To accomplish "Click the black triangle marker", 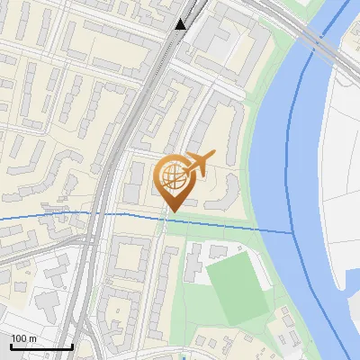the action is [181, 24].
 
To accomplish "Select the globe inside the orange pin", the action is [173, 177].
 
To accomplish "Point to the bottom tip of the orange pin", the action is [171, 212].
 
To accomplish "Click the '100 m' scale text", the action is [24, 337].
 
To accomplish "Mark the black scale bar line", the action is [41, 346].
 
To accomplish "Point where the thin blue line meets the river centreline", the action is [293, 233].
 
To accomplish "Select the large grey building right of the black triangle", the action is [216, 31].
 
